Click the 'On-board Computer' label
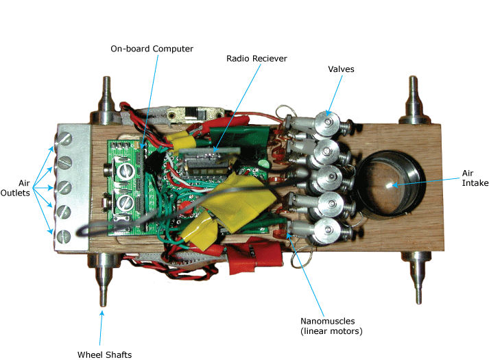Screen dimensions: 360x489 [152, 49]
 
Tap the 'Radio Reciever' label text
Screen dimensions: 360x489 [257, 59]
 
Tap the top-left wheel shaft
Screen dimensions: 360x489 [107, 95]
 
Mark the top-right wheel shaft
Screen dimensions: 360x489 [414, 95]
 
